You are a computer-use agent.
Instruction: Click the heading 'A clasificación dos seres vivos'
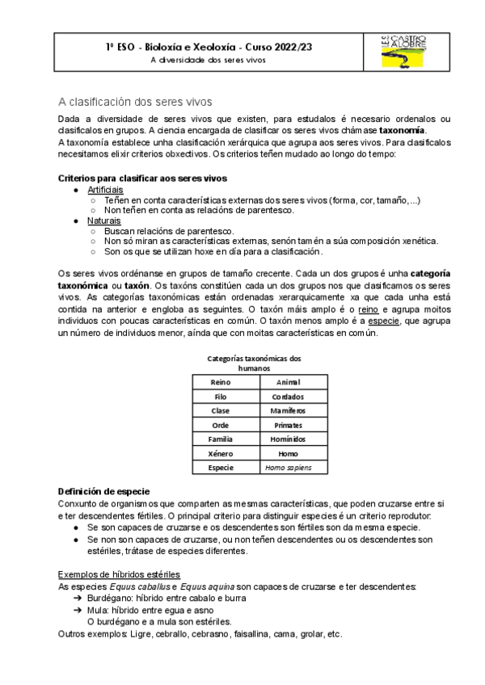pyautogui.click(x=135, y=102)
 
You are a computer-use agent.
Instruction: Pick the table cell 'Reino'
pyautogui.click(x=220, y=381)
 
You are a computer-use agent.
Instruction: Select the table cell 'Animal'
pyautogui.click(x=288, y=381)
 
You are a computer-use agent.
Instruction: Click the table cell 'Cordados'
pyautogui.click(x=288, y=396)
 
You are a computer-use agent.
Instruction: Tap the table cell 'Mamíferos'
pyautogui.click(x=288, y=410)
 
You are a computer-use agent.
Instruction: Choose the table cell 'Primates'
pyautogui.click(x=288, y=425)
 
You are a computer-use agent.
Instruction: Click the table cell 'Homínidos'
pyautogui.click(x=288, y=439)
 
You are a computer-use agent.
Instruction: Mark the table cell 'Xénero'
pyautogui.click(x=220, y=453)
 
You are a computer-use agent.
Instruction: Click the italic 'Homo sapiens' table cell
pyautogui.click(x=288, y=468)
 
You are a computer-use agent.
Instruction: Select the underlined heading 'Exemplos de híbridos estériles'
pyautogui.click(x=120, y=574)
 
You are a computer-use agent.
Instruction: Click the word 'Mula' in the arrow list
pyautogui.click(x=99, y=611)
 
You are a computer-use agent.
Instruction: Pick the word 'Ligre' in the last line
pyautogui.click(x=141, y=634)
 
